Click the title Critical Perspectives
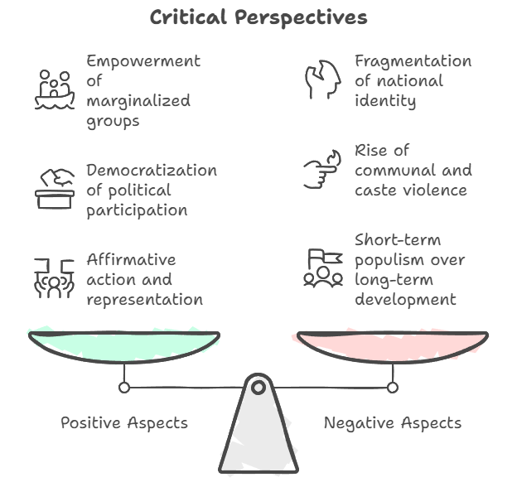coord(258,17)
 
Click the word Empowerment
coord(143,61)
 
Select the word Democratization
coord(152,170)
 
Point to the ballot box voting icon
coord(55,189)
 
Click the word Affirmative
coord(131,259)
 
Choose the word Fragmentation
coord(413,61)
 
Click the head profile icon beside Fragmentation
coord(322,80)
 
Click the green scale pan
coord(124,344)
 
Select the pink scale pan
coord(392,344)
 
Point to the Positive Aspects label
coord(124,422)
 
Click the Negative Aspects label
coord(392,422)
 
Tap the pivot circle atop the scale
coord(258,387)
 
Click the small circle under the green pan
coord(124,387)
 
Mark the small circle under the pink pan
coord(392,387)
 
